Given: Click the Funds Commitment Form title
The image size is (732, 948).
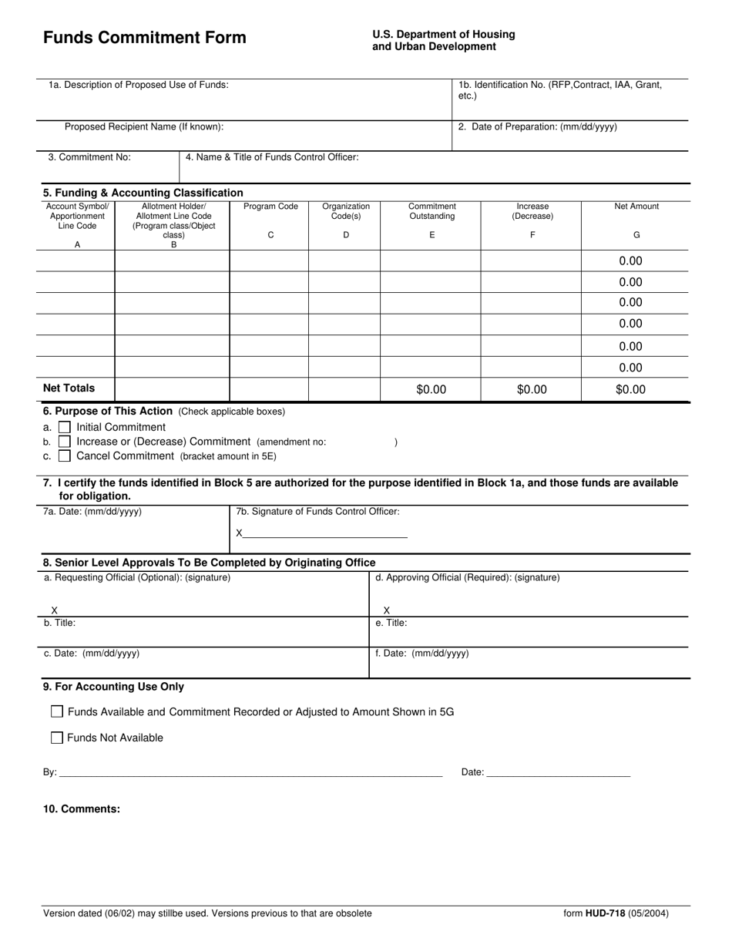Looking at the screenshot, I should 145,38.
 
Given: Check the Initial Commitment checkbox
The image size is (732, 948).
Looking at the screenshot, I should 65,427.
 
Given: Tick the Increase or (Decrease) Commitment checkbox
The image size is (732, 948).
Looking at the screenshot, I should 65,442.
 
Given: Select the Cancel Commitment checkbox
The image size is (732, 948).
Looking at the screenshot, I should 65,456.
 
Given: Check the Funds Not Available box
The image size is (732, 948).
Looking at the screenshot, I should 57,738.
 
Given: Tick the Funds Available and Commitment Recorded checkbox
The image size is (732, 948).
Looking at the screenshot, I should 57,711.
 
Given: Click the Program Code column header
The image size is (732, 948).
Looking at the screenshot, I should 270,207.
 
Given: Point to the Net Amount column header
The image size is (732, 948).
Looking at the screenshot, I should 636,207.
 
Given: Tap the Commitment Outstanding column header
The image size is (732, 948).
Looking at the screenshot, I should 431,211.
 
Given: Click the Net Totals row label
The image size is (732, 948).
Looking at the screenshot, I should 69,388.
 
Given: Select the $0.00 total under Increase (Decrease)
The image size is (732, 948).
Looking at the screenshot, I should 532,390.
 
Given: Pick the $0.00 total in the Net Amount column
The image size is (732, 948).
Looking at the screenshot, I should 630,390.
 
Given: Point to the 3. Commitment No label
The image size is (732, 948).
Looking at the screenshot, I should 89,157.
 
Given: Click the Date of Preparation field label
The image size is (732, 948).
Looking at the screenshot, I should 538,127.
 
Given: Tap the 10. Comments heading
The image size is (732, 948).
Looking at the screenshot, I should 82,808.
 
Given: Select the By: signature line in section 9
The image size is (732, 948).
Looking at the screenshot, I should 250,772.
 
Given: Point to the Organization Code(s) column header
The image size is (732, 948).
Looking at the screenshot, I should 346,211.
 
